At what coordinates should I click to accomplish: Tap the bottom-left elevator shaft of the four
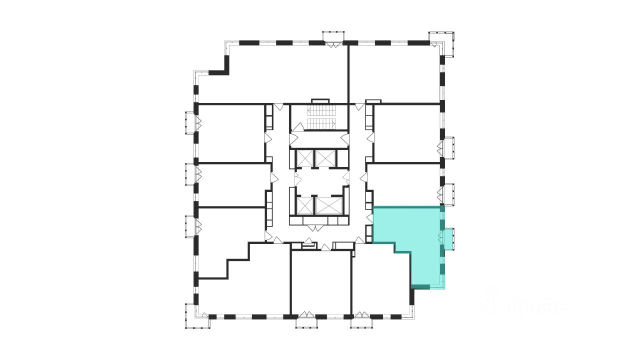point(304,205)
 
